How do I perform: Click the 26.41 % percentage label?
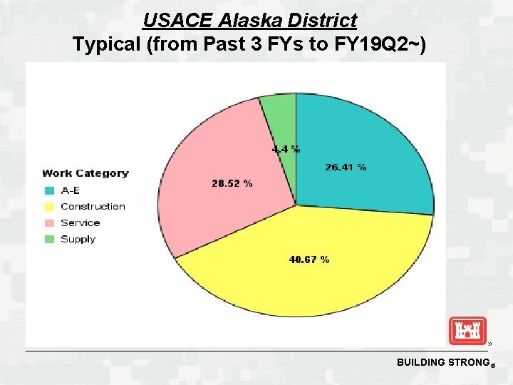point(346,168)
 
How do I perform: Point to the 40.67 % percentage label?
point(309,260)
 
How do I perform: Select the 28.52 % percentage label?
point(232,183)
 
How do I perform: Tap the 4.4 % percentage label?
point(286,150)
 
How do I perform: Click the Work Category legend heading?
point(85,173)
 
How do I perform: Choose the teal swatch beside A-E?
point(49,190)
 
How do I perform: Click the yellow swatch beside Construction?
point(49,207)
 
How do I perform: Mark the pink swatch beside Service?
point(49,223)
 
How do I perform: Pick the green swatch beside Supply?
point(49,240)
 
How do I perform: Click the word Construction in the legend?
point(93,207)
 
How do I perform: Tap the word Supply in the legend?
point(78,240)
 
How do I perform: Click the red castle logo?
point(467,331)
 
